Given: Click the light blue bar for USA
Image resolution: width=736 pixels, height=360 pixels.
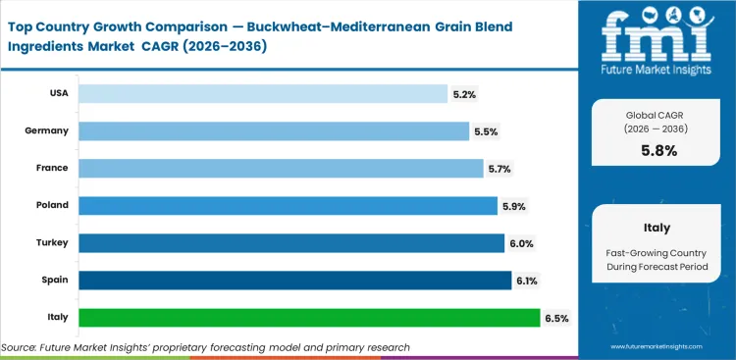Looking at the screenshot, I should coord(262,93).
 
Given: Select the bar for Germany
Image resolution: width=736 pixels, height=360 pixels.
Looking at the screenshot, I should coord(274,130).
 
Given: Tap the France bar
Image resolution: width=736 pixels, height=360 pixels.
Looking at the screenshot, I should coord(281,168).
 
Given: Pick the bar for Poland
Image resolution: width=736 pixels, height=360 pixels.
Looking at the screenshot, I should coord(288,205).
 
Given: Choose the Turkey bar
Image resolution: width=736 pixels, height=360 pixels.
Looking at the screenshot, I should coord(291,242).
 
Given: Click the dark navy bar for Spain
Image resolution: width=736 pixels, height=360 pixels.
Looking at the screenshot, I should coord(295,280).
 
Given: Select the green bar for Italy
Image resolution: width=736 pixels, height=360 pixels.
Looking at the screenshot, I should coord(309,317).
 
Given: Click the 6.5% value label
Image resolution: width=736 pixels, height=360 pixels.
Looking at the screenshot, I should coord(555,318).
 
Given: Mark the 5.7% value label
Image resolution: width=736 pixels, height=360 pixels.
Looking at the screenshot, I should coord(499,169).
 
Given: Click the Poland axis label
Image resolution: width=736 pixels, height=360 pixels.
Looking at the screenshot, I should coord(53,205).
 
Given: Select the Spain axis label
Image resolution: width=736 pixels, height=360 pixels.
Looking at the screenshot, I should coord(56,280).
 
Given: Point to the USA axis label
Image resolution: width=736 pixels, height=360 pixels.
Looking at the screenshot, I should coord(58,93).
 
